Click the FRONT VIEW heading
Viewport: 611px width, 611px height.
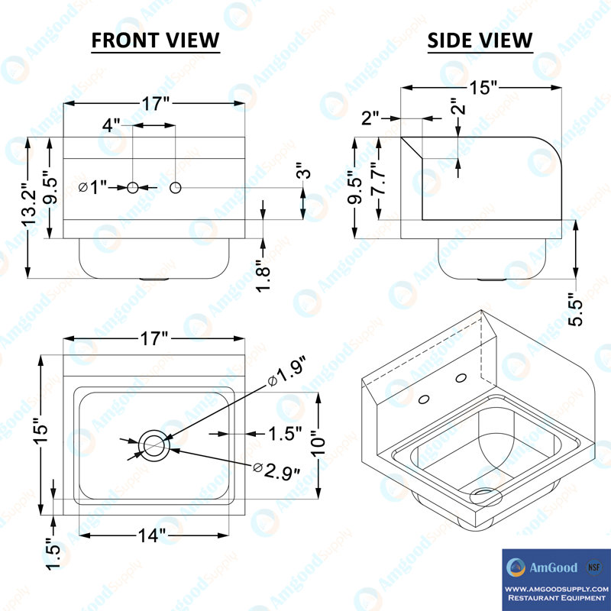click(x=155, y=40)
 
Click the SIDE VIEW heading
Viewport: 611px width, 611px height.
click(x=480, y=40)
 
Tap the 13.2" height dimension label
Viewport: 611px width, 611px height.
click(x=29, y=205)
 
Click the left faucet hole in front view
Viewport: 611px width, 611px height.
click(x=133, y=187)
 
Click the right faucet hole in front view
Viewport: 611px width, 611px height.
click(x=176, y=187)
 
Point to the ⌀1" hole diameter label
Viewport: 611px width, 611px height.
click(x=94, y=187)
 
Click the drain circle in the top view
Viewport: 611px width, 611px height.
click(x=155, y=444)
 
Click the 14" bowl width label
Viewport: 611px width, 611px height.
click(x=152, y=536)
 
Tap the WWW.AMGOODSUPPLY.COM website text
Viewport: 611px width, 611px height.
click(x=556, y=589)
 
